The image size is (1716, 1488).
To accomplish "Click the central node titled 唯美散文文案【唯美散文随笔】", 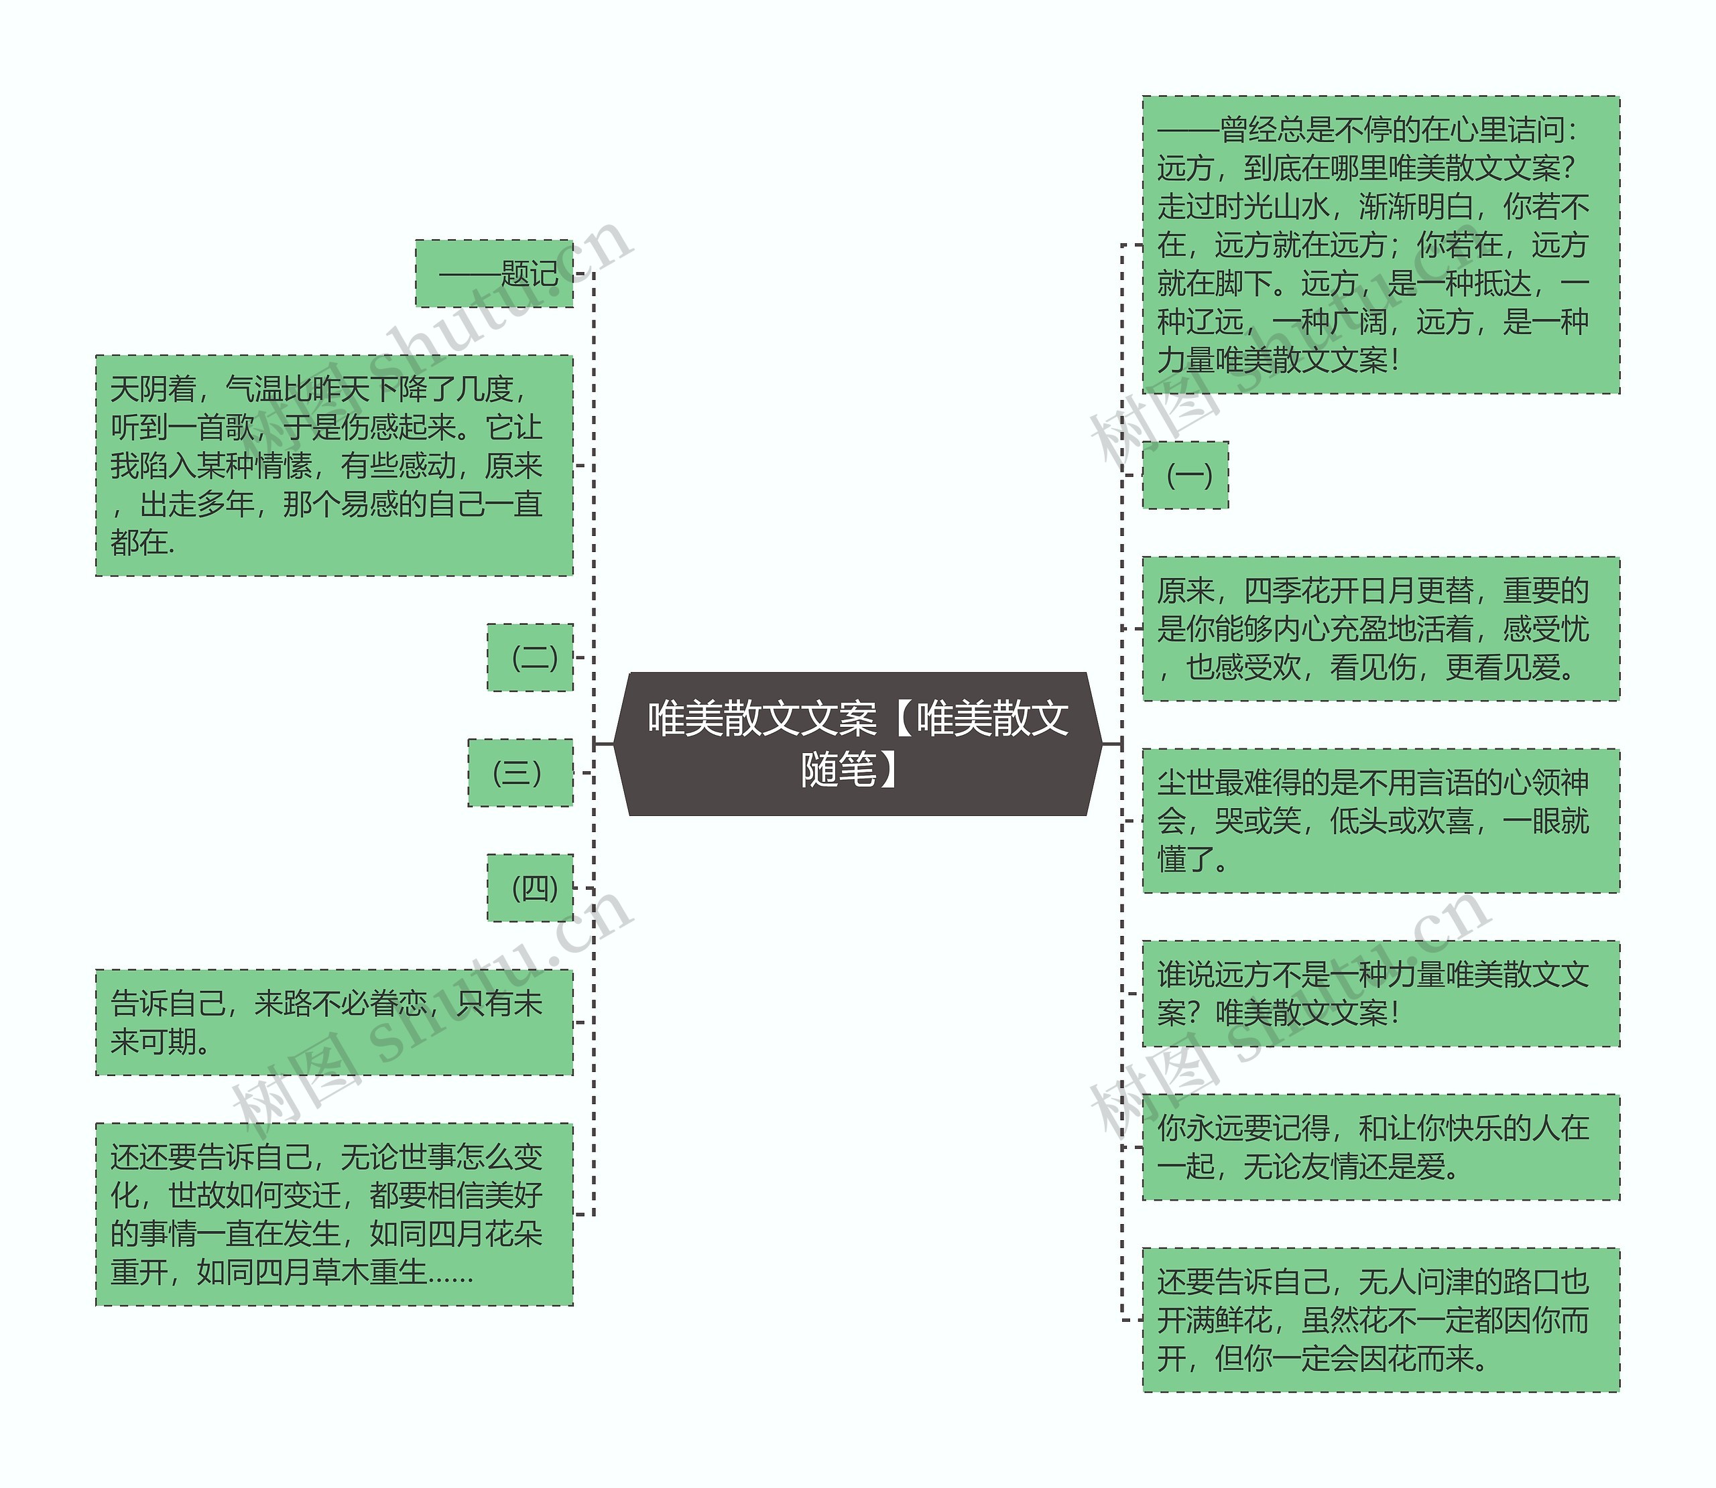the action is (858, 743).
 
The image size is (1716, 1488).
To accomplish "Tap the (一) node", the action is (1185, 475).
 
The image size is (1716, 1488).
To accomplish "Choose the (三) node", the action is (520, 772).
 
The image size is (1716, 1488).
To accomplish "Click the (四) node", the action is (530, 887).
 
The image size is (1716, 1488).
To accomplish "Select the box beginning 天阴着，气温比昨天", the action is (334, 465).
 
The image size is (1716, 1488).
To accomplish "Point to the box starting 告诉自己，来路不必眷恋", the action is (334, 1022).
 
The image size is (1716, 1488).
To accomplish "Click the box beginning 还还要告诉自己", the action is (334, 1213).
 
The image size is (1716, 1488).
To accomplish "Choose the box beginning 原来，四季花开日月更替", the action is (1380, 628).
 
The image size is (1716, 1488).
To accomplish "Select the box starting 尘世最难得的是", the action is (1380, 821).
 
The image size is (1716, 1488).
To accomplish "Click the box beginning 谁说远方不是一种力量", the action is (1380, 993).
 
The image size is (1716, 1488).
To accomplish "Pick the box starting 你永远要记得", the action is (1380, 1147).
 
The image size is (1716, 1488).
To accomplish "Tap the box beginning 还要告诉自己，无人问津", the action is (1380, 1319).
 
